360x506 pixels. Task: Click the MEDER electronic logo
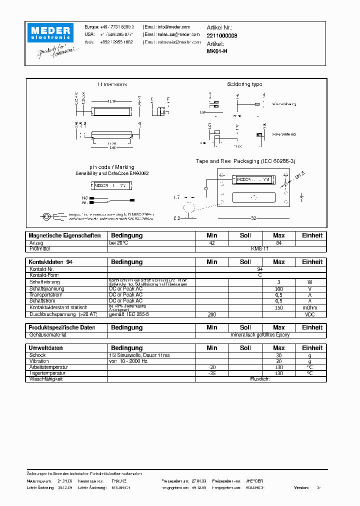(x=51, y=33)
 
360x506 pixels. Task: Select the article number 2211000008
(x=222, y=36)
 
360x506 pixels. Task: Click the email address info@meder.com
(x=173, y=27)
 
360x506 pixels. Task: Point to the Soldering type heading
(x=244, y=84)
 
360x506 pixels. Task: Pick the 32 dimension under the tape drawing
(x=254, y=218)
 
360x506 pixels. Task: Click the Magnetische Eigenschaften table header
(x=64, y=235)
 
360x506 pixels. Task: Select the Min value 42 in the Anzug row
(x=212, y=243)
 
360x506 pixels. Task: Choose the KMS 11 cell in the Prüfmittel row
(x=259, y=248)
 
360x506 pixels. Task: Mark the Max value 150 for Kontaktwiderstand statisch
(x=279, y=307)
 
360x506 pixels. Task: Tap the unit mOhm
(x=310, y=307)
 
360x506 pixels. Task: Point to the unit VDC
(x=310, y=314)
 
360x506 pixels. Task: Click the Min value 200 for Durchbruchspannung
(x=212, y=314)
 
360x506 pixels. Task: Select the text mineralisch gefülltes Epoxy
(x=259, y=334)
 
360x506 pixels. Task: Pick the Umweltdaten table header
(x=46, y=348)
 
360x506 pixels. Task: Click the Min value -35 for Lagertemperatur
(x=212, y=373)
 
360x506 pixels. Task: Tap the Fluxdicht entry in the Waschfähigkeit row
(x=259, y=379)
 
